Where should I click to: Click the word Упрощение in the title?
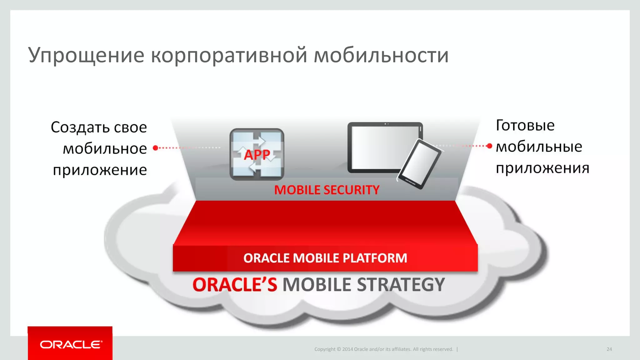click(86, 55)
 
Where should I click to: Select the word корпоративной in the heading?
click(229, 55)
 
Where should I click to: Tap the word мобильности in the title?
click(381, 55)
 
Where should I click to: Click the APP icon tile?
click(257, 154)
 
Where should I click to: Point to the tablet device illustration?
click(381, 147)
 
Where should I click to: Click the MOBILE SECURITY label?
click(327, 190)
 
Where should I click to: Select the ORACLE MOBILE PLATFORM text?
click(325, 258)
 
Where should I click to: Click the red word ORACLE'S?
click(235, 285)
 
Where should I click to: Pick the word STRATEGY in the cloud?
click(401, 285)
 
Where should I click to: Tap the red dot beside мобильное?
click(155, 148)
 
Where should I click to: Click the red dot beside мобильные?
click(489, 146)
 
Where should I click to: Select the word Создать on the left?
click(80, 127)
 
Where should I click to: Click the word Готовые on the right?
click(525, 126)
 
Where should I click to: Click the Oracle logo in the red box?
click(71, 345)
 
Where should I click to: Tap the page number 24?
click(609, 349)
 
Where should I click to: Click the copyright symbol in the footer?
click(338, 349)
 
